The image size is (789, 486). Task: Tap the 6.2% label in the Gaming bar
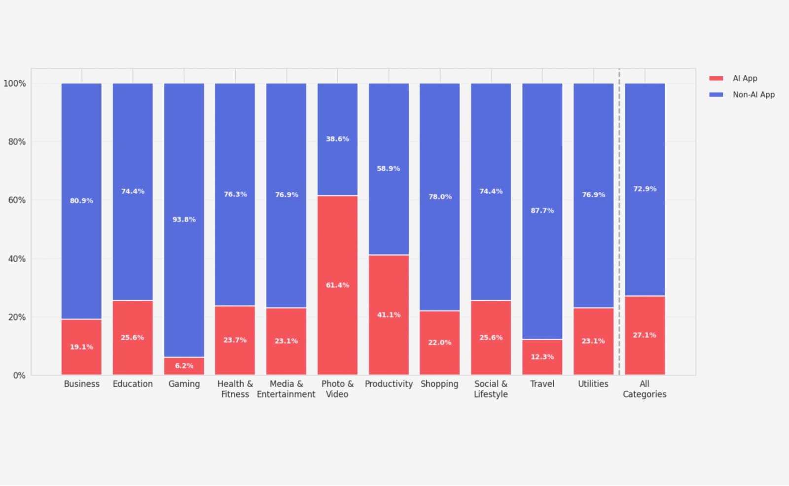tap(184, 366)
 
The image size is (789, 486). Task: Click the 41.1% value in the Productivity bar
tap(389, 315)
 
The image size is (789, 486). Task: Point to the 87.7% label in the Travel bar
tap(542, 210)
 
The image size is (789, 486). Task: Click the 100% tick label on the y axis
tap(15, 83)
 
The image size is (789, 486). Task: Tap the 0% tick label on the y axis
tap(19, 376)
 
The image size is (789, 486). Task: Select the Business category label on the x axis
tap(81, 384)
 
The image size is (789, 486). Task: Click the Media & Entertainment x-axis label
tap(286, 389)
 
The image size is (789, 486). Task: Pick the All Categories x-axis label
tap(644, 389)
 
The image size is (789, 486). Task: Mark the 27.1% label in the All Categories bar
tap(645, 335)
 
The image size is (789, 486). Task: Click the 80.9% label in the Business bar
tap(81, 201)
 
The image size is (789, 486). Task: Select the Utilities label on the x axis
tap(593, 384)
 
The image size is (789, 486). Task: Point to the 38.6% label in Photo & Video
tap(337, 139)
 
